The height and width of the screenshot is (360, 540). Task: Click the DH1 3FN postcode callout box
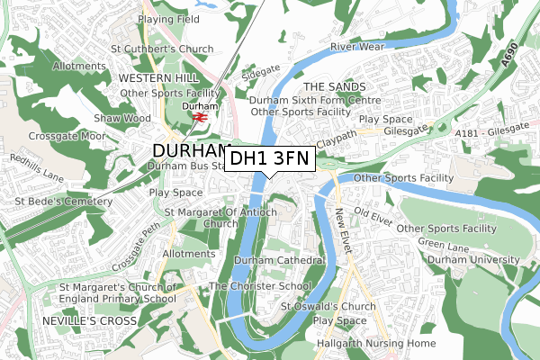point(269,159)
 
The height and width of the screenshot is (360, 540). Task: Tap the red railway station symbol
point(200,117)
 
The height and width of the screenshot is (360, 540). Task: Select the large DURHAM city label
point(193,150)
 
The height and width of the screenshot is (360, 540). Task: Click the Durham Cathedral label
point(278,260)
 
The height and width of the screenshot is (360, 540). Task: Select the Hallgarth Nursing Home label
point(374,344)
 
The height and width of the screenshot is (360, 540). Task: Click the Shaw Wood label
point(122,119)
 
